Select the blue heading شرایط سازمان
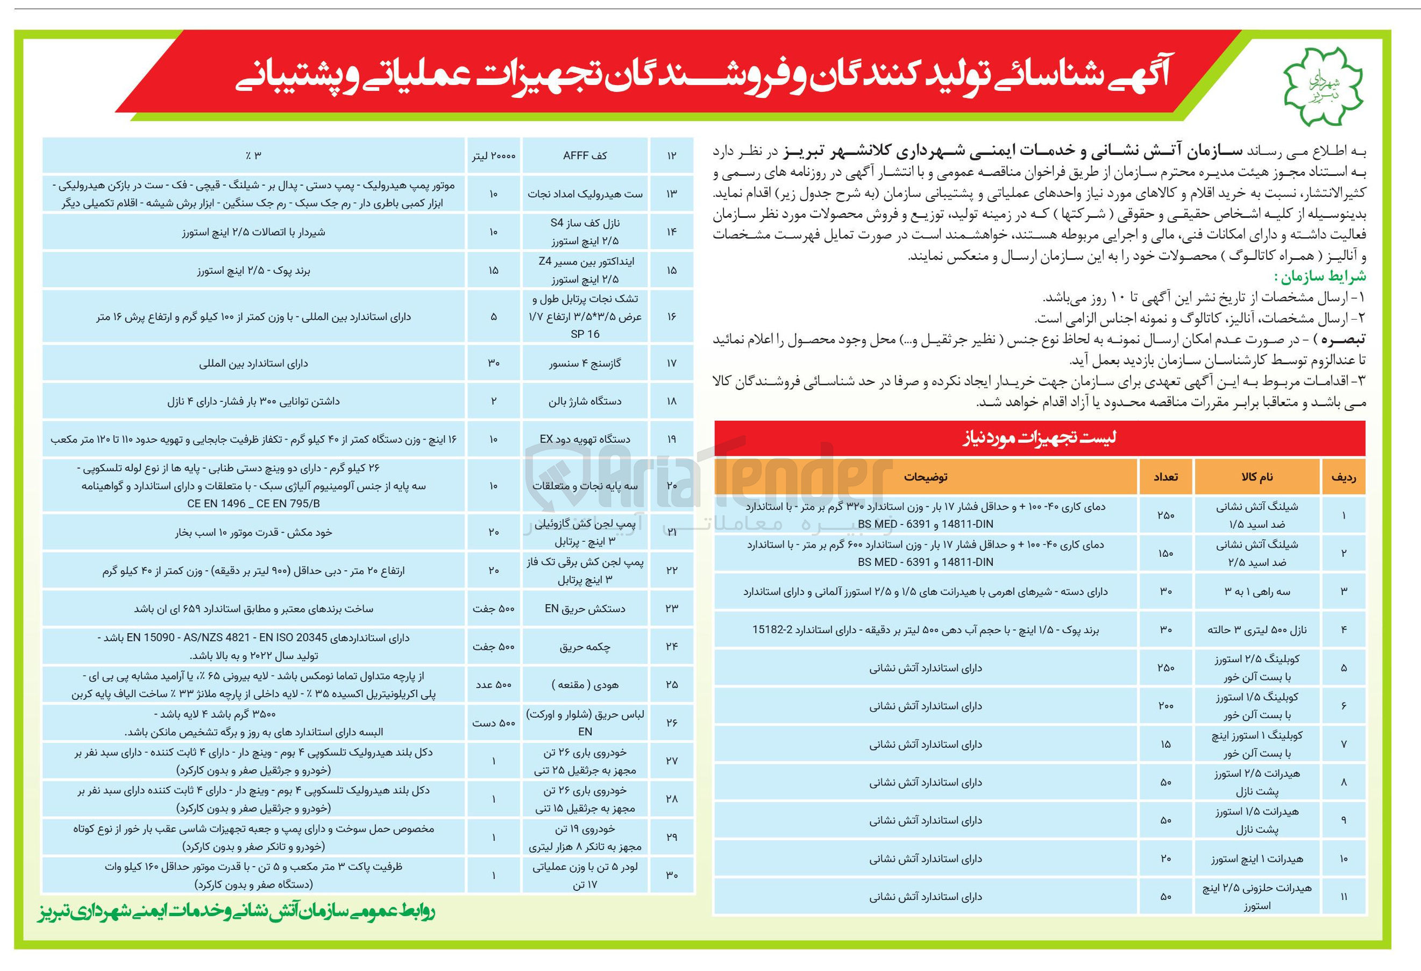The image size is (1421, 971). [x=1319, y=277]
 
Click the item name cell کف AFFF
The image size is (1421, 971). [x=585, y=156]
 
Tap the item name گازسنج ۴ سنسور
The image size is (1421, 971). [x=585, y=364]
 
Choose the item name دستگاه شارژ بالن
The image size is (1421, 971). [x=585, y=402]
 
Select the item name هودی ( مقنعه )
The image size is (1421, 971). [x=585, y=685]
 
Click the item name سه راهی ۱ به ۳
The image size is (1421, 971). [x=1257, y=592]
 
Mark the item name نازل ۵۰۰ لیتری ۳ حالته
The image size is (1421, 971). [x=1257, y=630]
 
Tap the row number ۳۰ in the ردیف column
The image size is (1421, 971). [x=671, y=876]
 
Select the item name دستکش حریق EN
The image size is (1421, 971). [x=585, y=609]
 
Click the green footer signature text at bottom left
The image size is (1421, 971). [x=236, y=912]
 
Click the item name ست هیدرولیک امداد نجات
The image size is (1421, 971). [x=585, y=194]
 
